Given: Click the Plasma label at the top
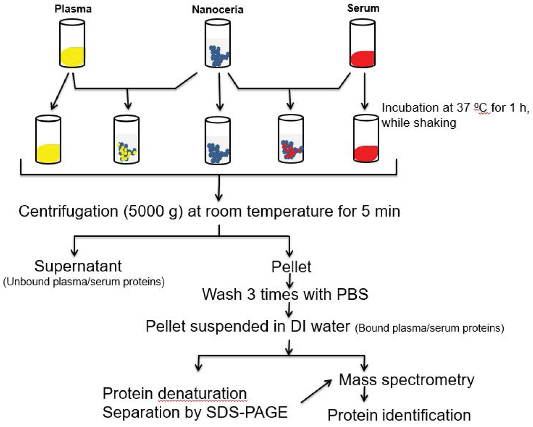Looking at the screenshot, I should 73,9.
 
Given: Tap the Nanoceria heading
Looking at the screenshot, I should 218,10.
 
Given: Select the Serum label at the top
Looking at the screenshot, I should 363,8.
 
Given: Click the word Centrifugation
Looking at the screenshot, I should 68,211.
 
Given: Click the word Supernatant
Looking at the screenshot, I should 78,266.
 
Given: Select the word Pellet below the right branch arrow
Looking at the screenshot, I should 291,267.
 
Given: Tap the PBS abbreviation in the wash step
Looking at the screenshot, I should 352,294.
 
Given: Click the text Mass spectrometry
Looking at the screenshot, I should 406,380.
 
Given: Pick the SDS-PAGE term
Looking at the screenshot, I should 247,412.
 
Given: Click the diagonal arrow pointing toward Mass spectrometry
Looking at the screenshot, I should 316,391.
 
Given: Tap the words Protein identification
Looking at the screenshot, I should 399,415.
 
